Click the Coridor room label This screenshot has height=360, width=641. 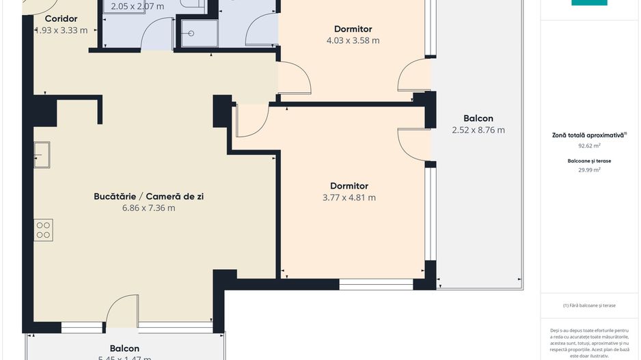pyautogui.click(x=61, y=19)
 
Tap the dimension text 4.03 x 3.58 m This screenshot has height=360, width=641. pyautogui.click(x=353, y=40)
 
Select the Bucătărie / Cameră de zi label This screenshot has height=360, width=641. pyautogui.click(x=148, y=197)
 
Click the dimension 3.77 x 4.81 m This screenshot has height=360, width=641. pyautogui.click(x=349, y=198)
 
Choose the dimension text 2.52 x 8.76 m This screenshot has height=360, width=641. pyautogui.click(x=478, y=130)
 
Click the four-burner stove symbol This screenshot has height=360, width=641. pyautogui.click(x=43, y=230)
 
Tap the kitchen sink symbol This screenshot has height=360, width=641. pyautogui.click(x=42, y=154)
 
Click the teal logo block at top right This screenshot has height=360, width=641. pyautogui.click(x=589, y=3)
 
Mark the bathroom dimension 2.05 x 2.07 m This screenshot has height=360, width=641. pyautogui.click(x=137, y=7)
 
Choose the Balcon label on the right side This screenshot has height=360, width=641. pyautogui.click(x=478, y=118)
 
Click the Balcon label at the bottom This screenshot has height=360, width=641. pyautogui.click(x=124, y=348)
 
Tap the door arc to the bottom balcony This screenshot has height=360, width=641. pyautogui.click(x=122, y=308)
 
